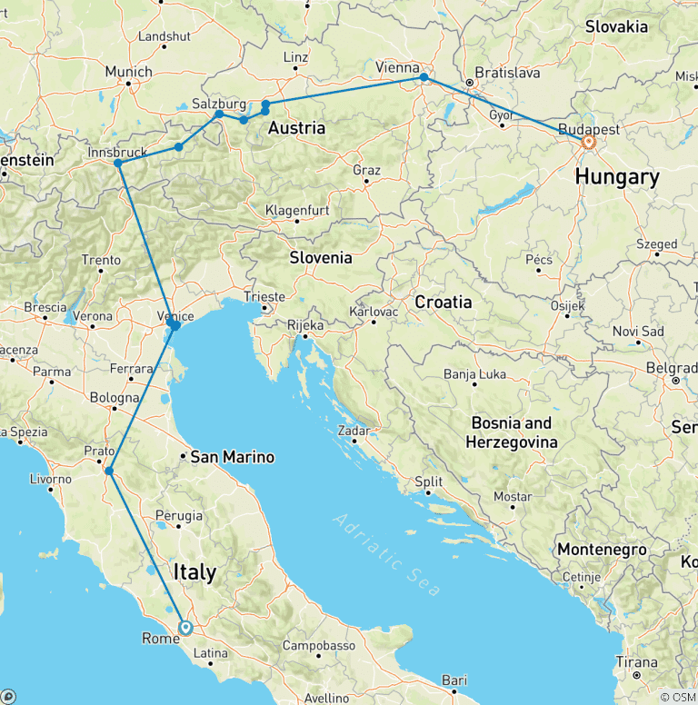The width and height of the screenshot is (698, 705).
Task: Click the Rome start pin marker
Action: (x=185, y=627)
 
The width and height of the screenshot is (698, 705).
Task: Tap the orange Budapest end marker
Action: (x=589, y=142)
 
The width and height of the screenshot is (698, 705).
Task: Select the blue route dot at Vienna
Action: (x=424, y=77)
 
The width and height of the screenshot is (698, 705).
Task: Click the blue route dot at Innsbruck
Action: (x=118, y=163)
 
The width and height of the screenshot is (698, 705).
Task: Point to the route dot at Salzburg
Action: (x=219, y=114)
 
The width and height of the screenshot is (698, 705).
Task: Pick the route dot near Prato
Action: (x=108, y=471)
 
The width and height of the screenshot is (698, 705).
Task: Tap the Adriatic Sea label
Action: (x=386, y=554)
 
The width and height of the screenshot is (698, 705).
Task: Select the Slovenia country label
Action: (x=321, y=258)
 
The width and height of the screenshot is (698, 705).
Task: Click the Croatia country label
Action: (x=443, y=302)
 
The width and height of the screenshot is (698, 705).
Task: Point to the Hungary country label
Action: (x=617, y=177)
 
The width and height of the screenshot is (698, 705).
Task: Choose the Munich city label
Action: (x=129, y=72)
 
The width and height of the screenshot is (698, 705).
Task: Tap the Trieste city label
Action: (x=264, y=297)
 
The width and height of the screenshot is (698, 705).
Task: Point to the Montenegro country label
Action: (x=601, y=550)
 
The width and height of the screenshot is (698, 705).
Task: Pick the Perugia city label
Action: (x=178, y=516)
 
